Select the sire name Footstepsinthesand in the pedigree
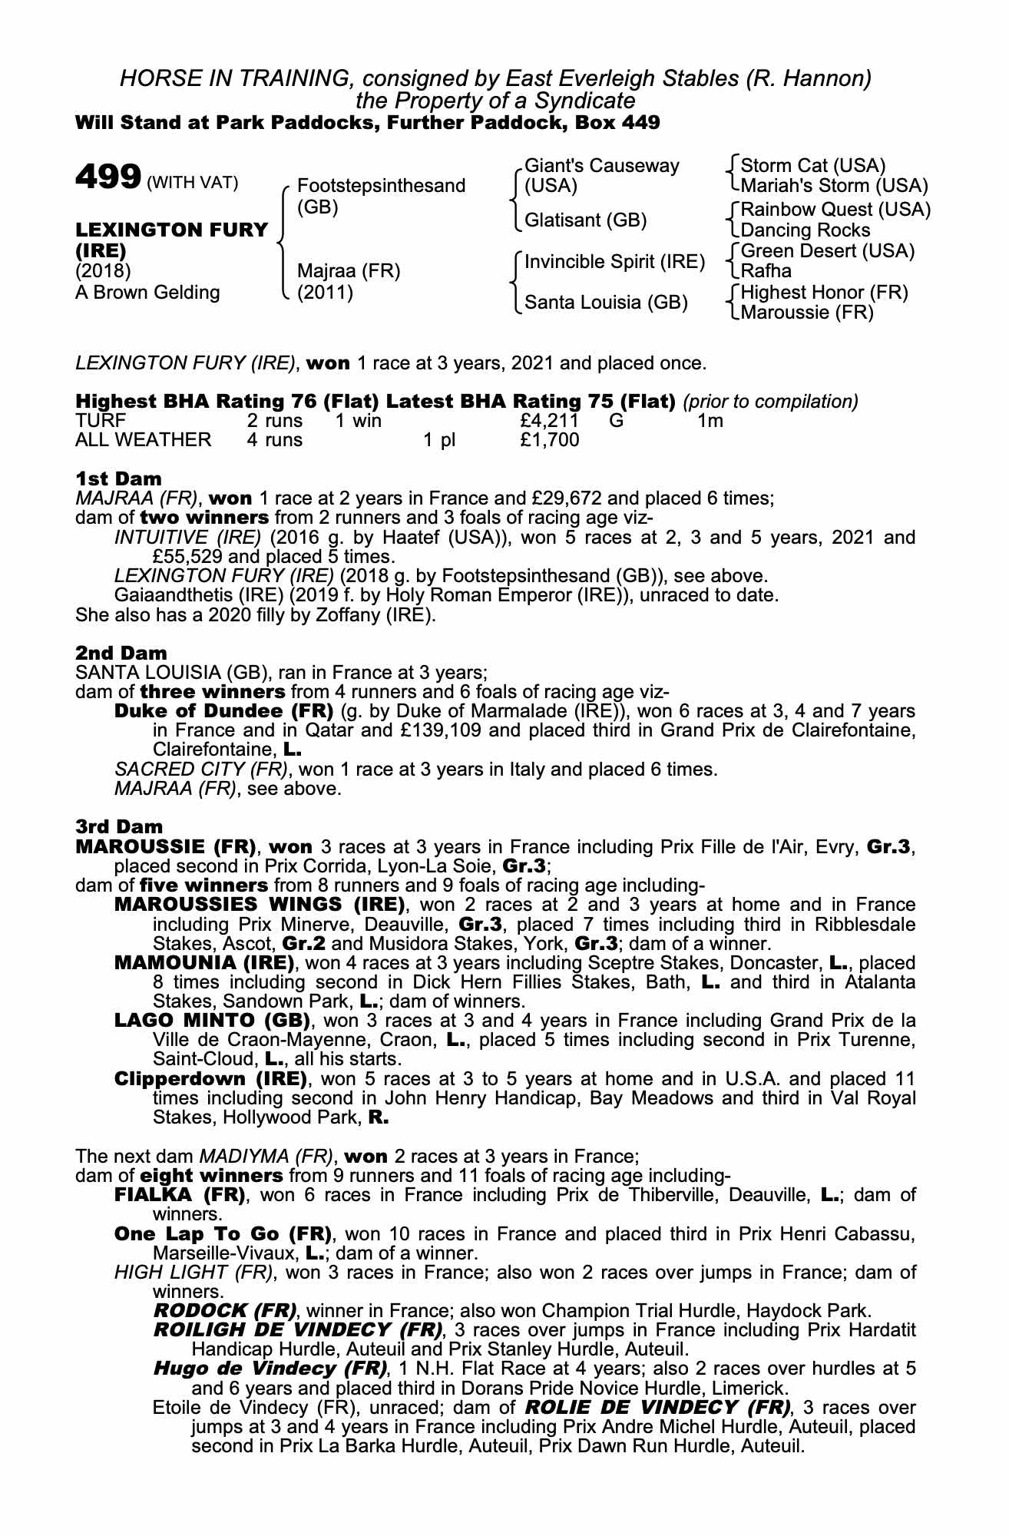(x=381, y=186)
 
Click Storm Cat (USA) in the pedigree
(x=813, y=166)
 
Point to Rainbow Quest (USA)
(x=835, y=210)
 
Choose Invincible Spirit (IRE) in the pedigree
(x=614, y=262)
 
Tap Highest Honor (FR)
(x=824, y=293)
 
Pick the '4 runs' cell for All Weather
(x=274, y=440)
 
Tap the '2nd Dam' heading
(x=121, y=654)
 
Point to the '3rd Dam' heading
(x=119, y=827)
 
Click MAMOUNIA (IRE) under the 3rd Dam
(x=203, y=963)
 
